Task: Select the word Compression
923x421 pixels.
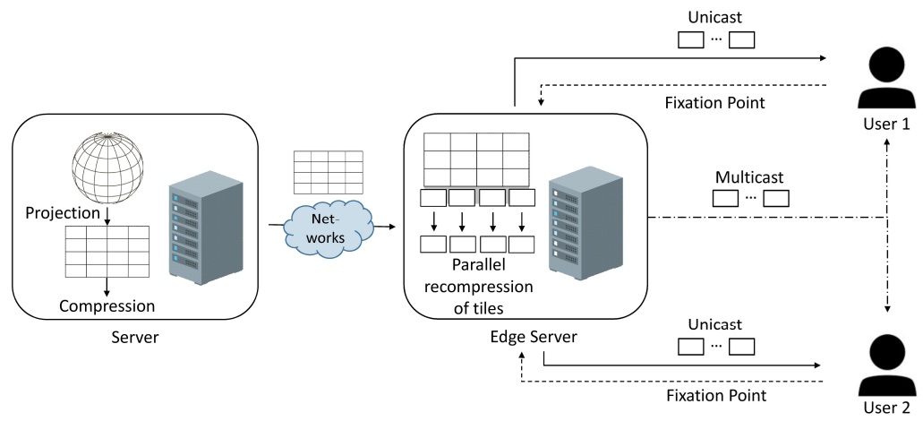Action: point(107,306)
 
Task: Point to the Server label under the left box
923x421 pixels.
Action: point(133,339)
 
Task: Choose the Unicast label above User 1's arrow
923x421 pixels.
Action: point(716,17)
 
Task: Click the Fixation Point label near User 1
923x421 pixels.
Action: point(714,102)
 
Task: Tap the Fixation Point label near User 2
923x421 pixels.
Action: point(714,394)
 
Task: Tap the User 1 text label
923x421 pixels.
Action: point(886,125)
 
